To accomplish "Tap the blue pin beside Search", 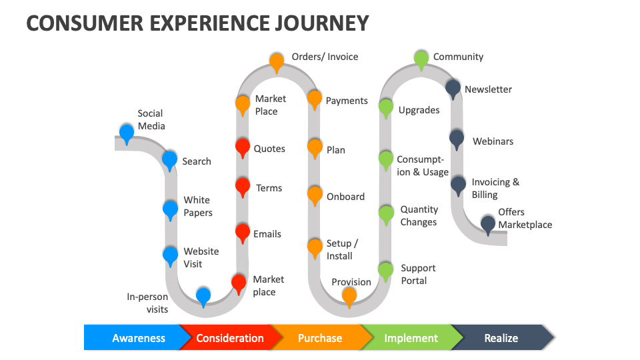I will pyautogui.click(x=170, y=160).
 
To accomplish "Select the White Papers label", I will pyautogui.click(x=197, y=206).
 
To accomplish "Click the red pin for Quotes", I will pyautogui.click(x=243, y=147).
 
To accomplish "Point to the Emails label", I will pyautogui.click(x=267, y=234).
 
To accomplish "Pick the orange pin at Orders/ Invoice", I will pyautogui.click(x=277, y=62).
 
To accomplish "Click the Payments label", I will pyautogui.click(x=346, y=101).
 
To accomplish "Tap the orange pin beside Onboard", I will pyautogui.click(x=315, y=195).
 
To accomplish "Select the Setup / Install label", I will pyautogui.click(x=342, y=249).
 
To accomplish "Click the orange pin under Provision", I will pyautogui.click(x=349, y=296).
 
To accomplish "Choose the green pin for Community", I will pyautogui.click(x=421, y=59).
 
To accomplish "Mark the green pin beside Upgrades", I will pyautogui.click(x=386, y=108).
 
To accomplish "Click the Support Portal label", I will pyautogui.click(x=417, y=274).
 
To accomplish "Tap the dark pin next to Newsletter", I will pyautogui.click(x=453, y=88).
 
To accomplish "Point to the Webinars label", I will pyautogui.click(x=493, y=141).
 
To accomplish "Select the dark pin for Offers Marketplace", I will pyautogui.click(x=488, y=224).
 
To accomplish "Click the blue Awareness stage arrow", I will pyautogui.click(x=133, y=338).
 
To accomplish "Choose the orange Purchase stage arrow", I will pyautogui.click(x=320, y=338).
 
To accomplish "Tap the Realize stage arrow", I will pyautogui.click(x=501, y=338).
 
